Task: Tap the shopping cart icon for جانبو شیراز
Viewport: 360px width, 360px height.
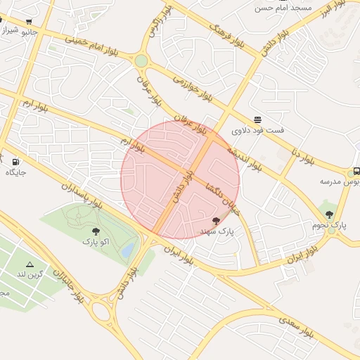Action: point(28,22)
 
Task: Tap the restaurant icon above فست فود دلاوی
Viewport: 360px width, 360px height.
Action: point(257,120)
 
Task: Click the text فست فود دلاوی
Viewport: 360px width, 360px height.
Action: point(258,131)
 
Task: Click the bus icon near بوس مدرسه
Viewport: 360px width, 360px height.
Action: point(356,171)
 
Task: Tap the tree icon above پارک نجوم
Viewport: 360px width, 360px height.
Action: point(329,214)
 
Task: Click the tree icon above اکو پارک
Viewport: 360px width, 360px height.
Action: point(96,231)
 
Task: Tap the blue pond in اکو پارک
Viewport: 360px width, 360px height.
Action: point(127,250)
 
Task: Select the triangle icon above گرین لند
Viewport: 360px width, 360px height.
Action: point(30,263)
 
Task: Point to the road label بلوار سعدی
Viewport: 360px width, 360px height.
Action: point(300,326)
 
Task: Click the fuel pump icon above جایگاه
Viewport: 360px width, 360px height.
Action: point(15,161)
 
